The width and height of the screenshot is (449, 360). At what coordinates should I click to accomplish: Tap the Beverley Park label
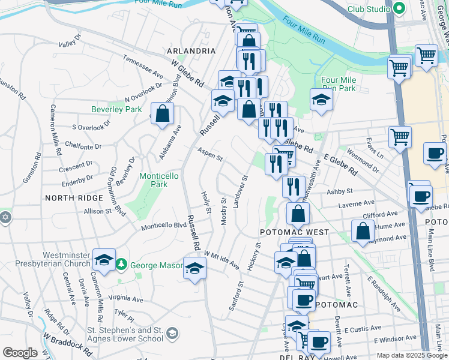tap(116, 109)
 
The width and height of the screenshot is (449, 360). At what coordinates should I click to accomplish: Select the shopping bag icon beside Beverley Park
tap(162, 114)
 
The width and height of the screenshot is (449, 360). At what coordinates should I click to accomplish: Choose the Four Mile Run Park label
tap(339, 84)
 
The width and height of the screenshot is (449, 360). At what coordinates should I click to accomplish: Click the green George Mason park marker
tap(121, 263)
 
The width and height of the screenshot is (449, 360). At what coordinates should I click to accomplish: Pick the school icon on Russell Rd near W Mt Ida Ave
tap(194, 269)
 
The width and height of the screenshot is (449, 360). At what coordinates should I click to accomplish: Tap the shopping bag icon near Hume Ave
tap(363, 231)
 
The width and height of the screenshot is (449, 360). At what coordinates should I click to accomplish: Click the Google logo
tap(20, 353)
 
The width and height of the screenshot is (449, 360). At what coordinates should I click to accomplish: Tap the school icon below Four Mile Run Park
tap(322, 100)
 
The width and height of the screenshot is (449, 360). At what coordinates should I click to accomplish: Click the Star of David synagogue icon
tap(5, 217)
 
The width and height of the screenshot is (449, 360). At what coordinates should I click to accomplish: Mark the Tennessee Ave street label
tap(143, 67)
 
